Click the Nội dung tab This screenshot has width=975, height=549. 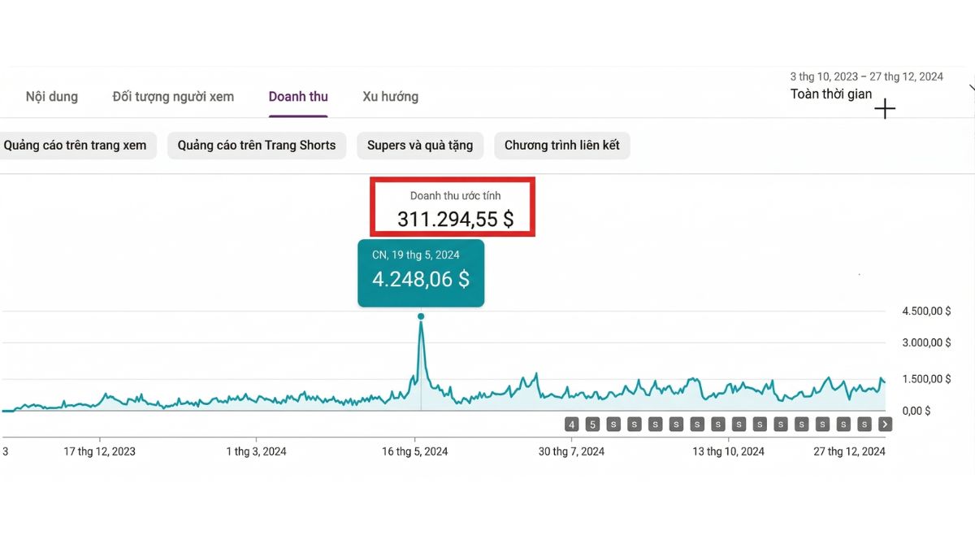52,97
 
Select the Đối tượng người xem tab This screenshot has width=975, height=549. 173,97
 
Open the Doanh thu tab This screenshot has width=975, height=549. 298,97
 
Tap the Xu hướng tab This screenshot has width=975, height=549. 391,97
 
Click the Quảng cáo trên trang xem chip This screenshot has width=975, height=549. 76,146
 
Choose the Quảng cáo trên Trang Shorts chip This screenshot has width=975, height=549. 257,146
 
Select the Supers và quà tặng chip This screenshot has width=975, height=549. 420,146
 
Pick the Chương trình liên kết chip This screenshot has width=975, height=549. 562,146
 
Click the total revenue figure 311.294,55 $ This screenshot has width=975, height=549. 455,219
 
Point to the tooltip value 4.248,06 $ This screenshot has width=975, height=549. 421,280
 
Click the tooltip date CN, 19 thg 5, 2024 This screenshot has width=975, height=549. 416,255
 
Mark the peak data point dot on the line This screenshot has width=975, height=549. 421,316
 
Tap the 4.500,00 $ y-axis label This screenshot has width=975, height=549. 926,312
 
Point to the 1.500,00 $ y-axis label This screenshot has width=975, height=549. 926,378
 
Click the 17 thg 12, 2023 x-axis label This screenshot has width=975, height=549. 100,451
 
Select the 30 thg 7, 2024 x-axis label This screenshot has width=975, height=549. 572,451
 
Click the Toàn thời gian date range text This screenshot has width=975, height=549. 831,94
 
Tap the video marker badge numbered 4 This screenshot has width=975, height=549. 572,425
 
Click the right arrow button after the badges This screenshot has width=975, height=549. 886,425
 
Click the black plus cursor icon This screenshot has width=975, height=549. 885,109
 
